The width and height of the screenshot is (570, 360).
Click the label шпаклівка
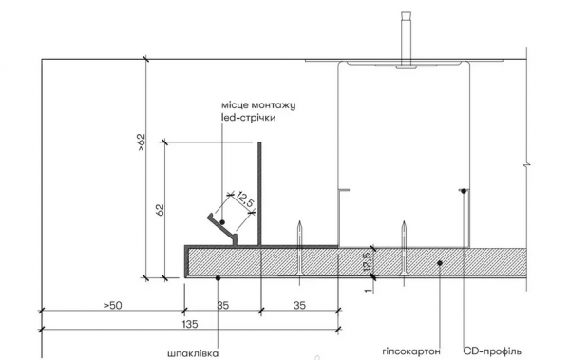tap(193, 353)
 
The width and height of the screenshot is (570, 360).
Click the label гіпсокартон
tap(411, 351)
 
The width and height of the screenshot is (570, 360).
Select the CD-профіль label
tap(492, 351)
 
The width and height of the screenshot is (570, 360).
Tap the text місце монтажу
tap(258, 105)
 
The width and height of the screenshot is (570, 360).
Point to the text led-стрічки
tap(248, 118)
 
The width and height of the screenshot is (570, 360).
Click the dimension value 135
tap(190, 324)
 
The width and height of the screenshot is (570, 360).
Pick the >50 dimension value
tap(113, 305)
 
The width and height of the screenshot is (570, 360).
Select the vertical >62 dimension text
tap(141, 142)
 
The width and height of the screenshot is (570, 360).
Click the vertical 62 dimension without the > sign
tap(160, 210)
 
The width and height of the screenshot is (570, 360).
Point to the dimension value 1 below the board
tap(369, 290)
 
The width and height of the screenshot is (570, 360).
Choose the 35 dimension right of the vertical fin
tap(299, 305)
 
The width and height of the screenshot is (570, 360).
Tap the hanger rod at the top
tap(406, 39)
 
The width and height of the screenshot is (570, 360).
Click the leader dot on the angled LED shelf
tap(222, 222)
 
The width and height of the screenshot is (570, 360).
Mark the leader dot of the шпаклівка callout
tap(218, 278)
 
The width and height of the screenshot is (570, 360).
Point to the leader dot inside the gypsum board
tap(440, 262)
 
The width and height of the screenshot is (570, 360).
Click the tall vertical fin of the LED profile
tap(259, 194)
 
